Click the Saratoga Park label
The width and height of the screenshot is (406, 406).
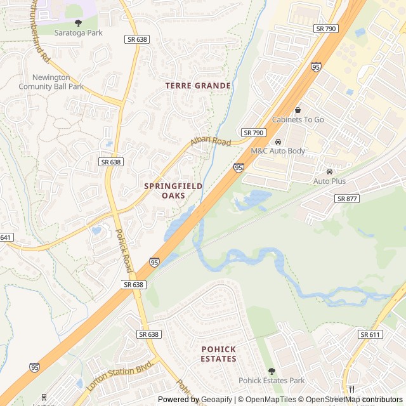click(x=78, y=32)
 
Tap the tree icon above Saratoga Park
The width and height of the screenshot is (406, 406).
click(x=78, y=23)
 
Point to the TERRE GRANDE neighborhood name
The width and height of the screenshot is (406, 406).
click(x=198, y=85)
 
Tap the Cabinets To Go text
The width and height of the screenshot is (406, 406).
click(x=298, y=119)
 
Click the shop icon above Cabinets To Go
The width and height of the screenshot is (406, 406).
click(x=298, y=110)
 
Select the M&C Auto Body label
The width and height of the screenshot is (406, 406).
click(x=278, y=151)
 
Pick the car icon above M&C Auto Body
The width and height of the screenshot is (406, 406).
click(x=278, y=141)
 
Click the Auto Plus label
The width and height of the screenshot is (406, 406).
click(x=329, y=181)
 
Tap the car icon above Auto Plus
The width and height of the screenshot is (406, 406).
click(x=329, y=171)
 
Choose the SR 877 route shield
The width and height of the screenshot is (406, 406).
click(x=348, y=199)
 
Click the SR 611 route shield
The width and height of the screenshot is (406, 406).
click(x=370, y=334)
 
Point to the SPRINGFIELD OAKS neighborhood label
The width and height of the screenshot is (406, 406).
click(x=173, y=191)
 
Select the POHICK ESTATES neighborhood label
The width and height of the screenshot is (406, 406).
click(x=219, y=354)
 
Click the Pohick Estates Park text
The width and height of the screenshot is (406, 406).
click(x=272, y=381)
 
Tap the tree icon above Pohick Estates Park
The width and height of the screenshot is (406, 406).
click(x=272, y=371)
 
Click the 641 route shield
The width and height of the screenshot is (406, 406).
click(x=6, y=237)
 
